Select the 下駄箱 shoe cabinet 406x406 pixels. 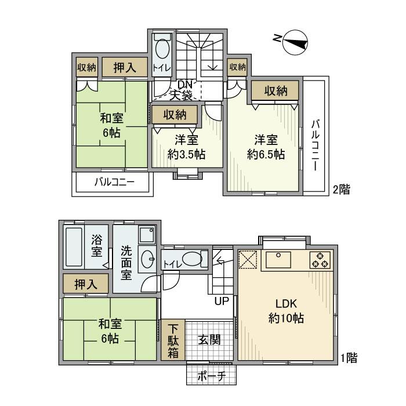coord(173,339)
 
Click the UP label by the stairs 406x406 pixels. coord(222,300)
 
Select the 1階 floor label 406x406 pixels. coord(348,358)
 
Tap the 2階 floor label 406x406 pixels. coord(341,189)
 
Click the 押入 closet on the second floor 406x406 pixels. coord(124,67)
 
